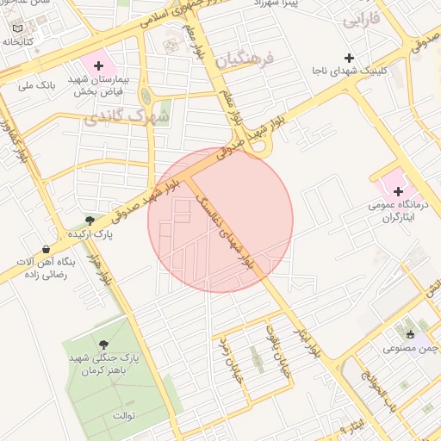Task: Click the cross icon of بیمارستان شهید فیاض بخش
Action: coord(99,65)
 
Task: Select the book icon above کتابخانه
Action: coord(19,28)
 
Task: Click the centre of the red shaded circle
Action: coord(220,220)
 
